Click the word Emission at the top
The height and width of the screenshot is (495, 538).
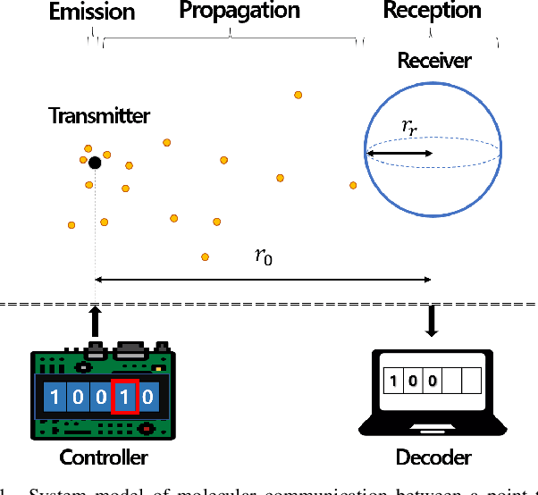point(92,12)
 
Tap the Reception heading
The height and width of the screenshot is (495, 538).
point(432,12)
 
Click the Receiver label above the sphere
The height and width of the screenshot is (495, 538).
point(433,61)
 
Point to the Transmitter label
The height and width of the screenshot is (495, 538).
point(99,115)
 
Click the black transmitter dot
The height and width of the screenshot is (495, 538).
point(95,162)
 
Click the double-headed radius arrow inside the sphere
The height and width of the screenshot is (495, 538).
point(399,154)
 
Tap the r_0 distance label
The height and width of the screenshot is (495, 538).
point(264,257)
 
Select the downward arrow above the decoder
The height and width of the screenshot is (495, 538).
point(433,321)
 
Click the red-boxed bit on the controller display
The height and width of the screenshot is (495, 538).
point(124,396)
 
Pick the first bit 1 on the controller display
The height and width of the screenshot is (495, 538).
point(55,396)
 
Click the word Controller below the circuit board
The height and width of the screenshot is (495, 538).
point(103,458)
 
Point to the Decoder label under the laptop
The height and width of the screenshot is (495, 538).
point(433,458)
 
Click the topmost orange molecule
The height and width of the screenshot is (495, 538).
point(298,94)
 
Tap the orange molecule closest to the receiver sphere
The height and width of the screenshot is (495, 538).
point(353,185)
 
